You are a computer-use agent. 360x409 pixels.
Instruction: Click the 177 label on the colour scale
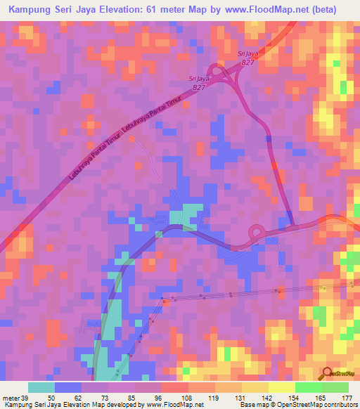point(346,398)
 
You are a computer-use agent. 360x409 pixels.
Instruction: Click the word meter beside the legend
point(11,398)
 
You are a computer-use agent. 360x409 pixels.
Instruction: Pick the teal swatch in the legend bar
point(41,387)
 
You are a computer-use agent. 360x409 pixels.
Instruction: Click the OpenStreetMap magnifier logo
point(326,373)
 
